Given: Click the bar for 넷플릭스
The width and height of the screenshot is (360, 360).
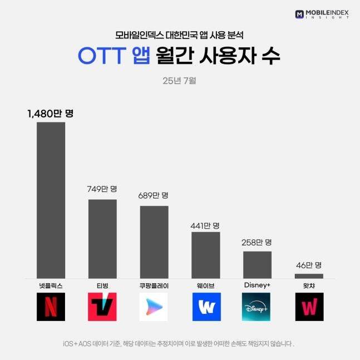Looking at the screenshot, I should pos(51,200).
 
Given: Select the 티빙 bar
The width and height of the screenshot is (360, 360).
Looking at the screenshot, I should pos(102,239).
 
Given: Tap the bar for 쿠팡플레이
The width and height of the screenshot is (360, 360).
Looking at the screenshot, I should pos(154,242).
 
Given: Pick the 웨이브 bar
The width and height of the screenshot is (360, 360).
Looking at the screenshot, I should pos(205,255).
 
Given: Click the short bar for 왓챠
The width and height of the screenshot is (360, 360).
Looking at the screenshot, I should pos(309,276).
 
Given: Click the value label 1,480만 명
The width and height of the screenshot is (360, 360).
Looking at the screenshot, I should pos(51,114).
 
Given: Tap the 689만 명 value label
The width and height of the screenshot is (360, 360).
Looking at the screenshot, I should pos(154,196).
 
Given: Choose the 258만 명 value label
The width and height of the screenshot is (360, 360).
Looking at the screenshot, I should pos(257,242).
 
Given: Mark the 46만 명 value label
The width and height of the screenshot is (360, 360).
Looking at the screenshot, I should pos(309,265).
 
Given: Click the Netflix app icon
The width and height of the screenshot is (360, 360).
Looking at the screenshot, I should pos(51,307).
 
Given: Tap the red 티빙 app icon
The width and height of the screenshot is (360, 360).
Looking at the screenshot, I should pos(102,307).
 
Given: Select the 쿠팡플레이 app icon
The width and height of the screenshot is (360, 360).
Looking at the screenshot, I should pos(154,307).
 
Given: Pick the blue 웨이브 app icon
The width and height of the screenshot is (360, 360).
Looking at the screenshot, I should pos(206,307).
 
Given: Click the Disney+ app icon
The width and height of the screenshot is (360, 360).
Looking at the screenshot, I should pos(257,307).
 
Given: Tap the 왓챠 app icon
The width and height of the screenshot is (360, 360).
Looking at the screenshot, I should pos(309,307).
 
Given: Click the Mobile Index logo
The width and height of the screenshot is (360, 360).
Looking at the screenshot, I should pos(323,13).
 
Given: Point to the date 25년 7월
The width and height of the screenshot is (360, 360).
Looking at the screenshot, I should pos(180,80).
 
